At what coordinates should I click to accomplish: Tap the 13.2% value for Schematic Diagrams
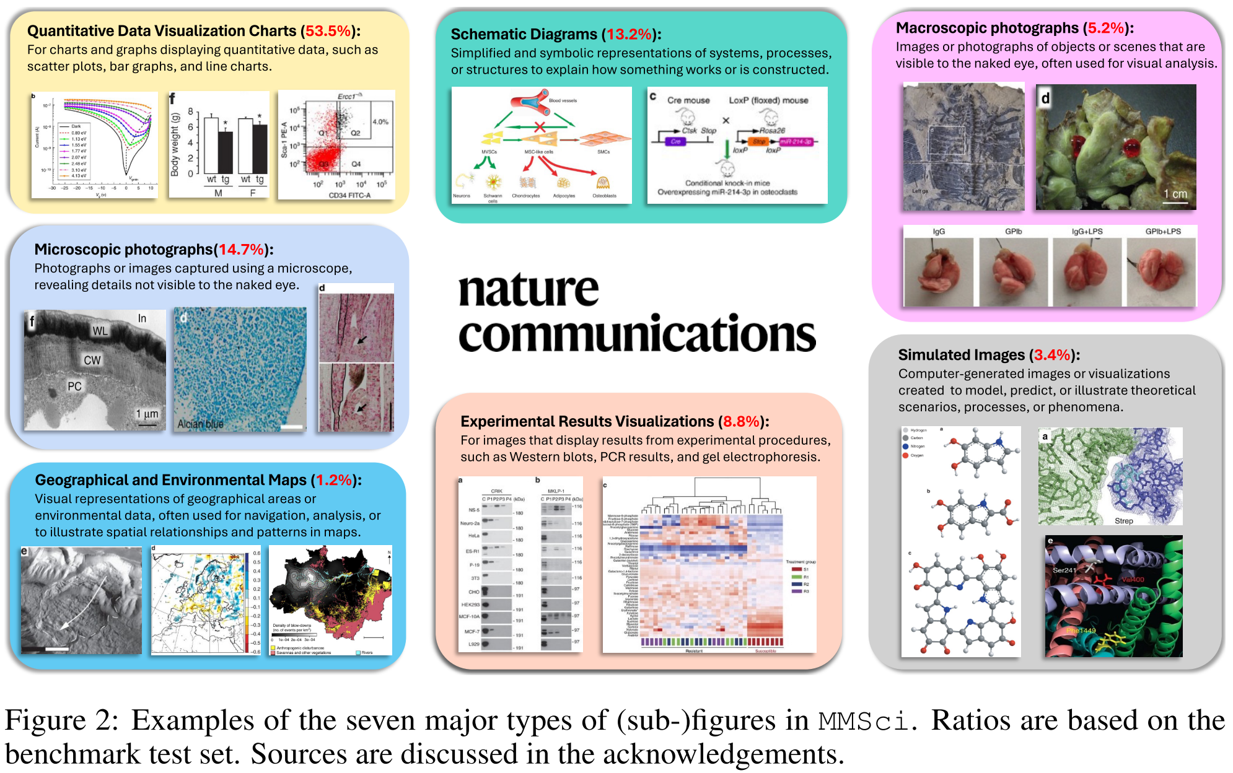629,34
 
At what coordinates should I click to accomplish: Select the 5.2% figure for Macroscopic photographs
1105,28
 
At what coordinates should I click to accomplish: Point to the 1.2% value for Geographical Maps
334,480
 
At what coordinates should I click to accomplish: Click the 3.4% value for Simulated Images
1052,355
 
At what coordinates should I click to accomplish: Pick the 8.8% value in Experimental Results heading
741,422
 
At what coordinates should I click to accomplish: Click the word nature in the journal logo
529,290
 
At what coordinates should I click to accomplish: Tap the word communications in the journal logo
637,333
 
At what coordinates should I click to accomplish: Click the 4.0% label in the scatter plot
380,122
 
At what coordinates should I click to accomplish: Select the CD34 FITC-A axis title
349,196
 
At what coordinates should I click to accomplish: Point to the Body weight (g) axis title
175,144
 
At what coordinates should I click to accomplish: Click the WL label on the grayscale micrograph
100,331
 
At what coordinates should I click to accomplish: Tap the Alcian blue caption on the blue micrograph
200,424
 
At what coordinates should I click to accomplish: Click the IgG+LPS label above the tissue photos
1087,232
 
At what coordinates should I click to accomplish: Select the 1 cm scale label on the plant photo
1175,194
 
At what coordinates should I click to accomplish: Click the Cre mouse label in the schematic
688,100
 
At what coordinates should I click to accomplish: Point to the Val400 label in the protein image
1133,580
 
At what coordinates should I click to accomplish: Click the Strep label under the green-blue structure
1123,521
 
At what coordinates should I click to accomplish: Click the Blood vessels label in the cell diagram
563,100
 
